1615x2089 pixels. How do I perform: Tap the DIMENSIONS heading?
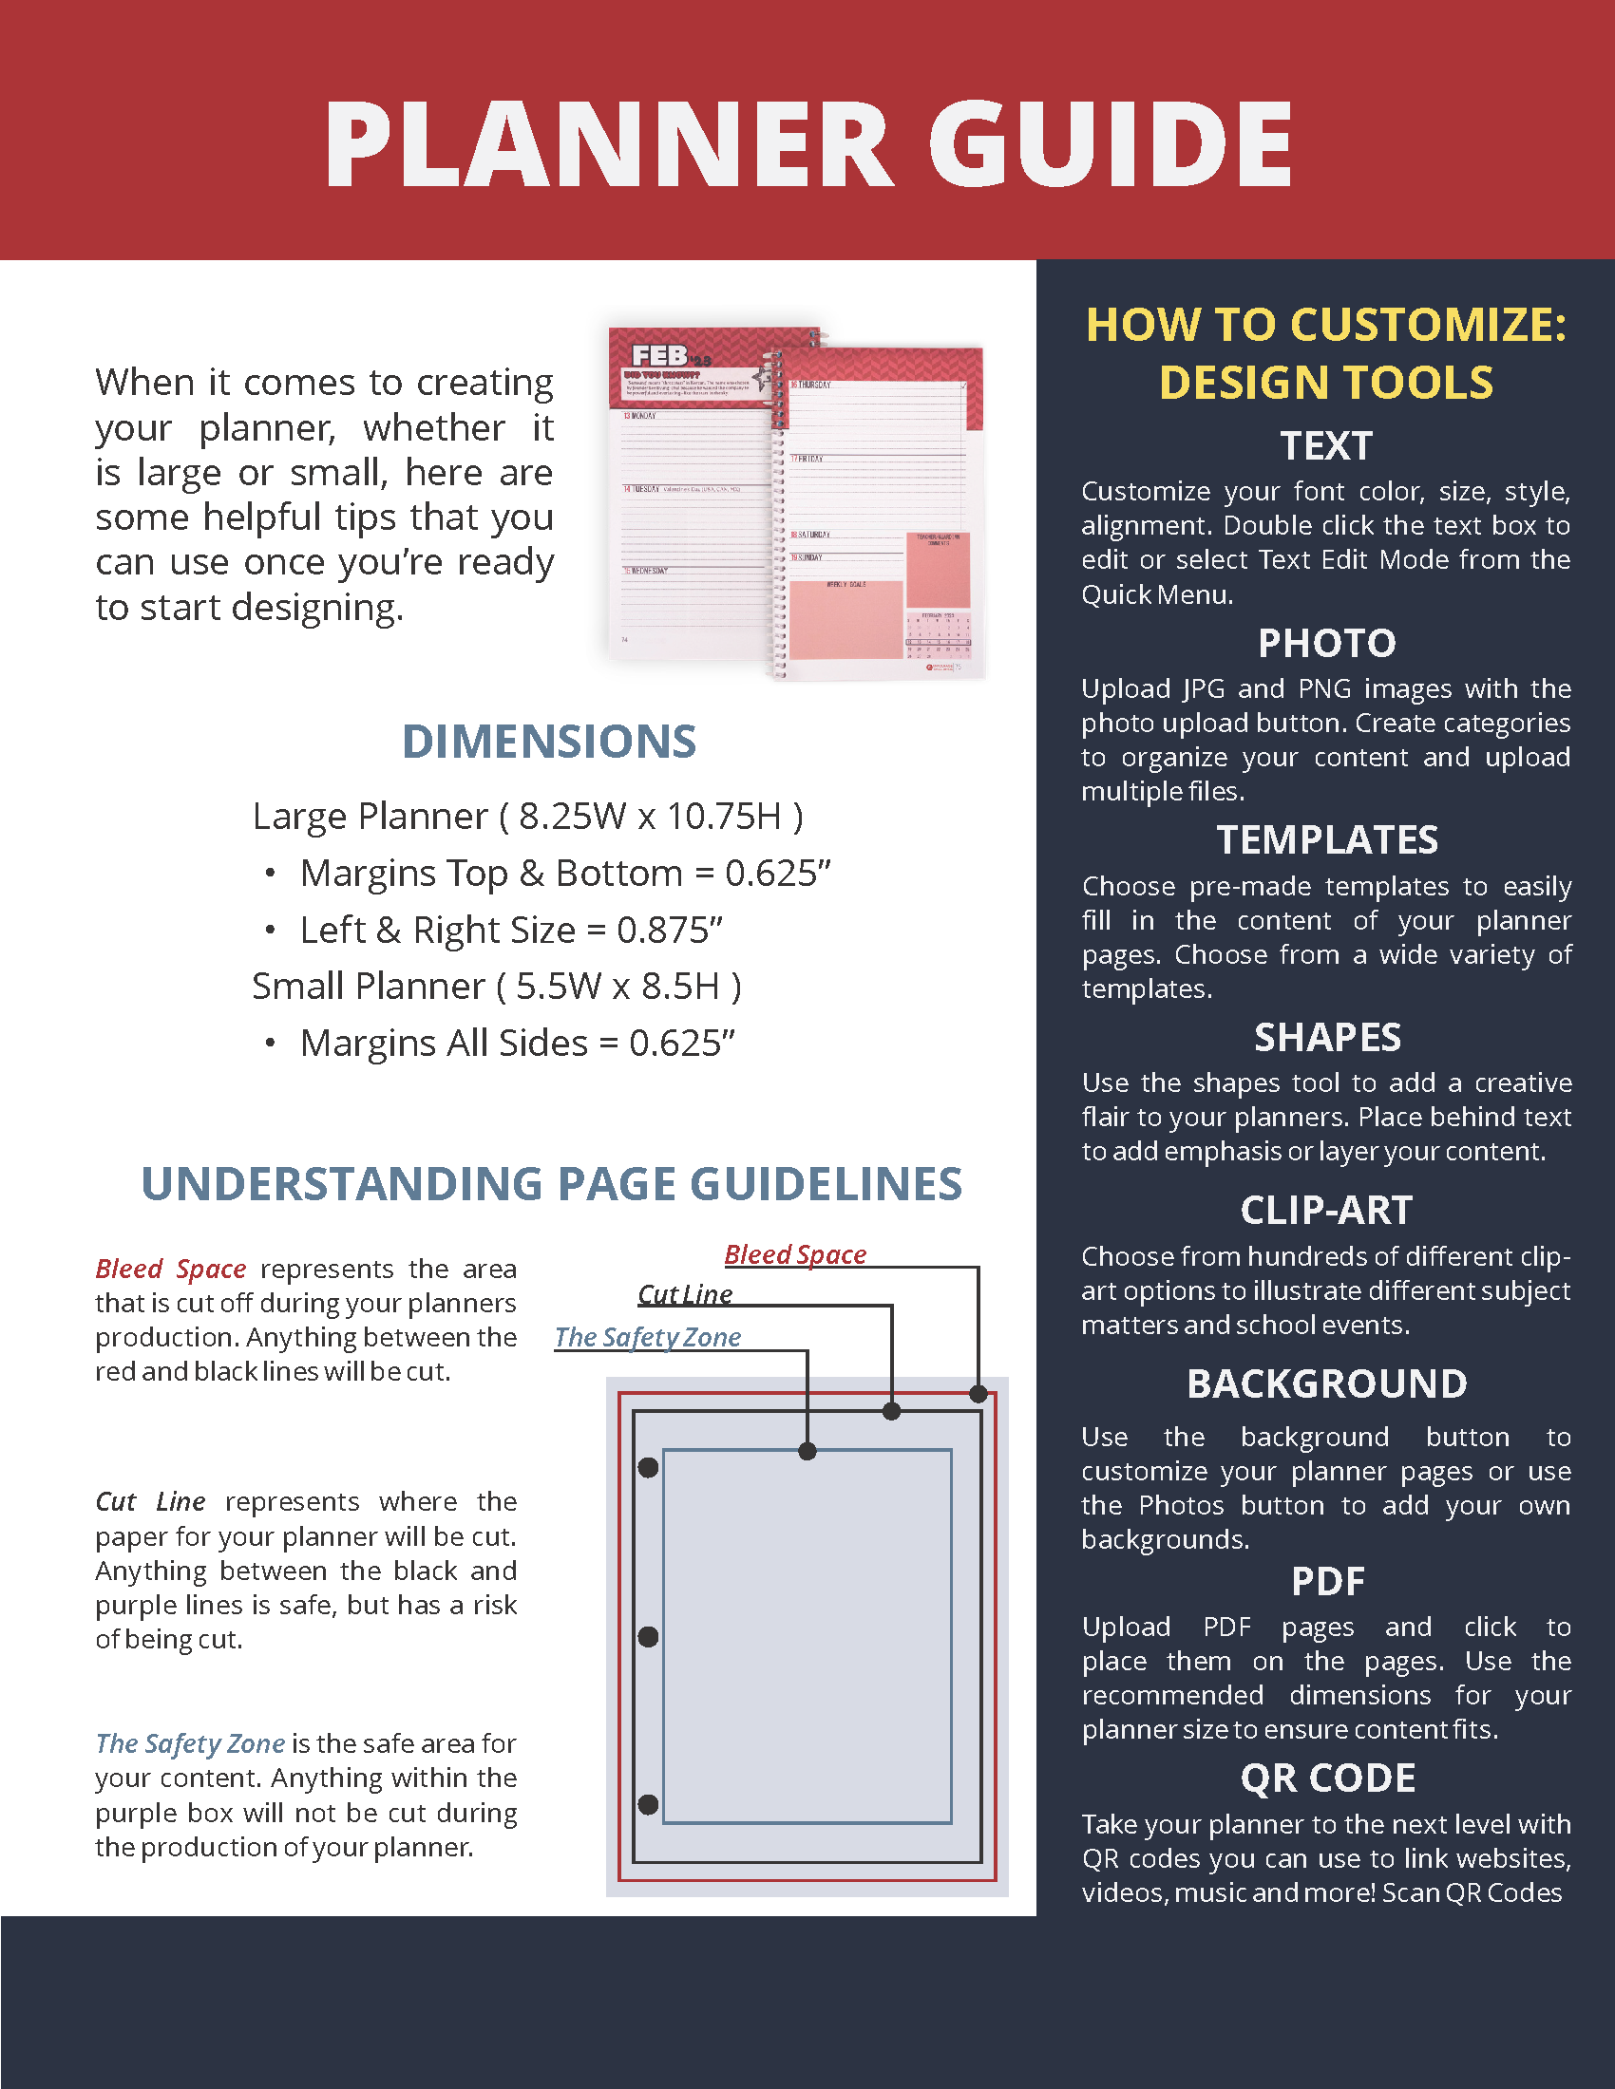(549, 742)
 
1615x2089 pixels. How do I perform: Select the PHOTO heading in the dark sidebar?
(1326, 643)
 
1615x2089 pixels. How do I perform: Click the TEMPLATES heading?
(1326, 839)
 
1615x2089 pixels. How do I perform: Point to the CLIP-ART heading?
(1326, 1210)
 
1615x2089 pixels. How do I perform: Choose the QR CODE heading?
(1327, 1778)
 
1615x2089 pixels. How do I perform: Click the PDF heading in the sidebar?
(1327, 1581)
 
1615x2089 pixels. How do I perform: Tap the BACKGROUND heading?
(1326, 1383)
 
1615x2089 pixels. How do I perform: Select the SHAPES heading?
(1326, 1037)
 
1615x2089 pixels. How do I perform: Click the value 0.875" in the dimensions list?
(669, 930)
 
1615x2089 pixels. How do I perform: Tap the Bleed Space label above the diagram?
(795, 1254)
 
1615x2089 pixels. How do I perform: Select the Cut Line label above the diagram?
(685, 1294)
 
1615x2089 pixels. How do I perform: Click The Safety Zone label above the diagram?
(648, 1337)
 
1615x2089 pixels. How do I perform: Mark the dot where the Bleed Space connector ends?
(978, 1394)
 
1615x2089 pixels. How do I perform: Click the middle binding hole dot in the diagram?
(648, 1637)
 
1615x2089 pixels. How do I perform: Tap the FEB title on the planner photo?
(659, 356)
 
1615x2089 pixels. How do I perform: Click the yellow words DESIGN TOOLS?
(1326, 383)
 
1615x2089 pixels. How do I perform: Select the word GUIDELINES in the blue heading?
(825, 1184)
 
